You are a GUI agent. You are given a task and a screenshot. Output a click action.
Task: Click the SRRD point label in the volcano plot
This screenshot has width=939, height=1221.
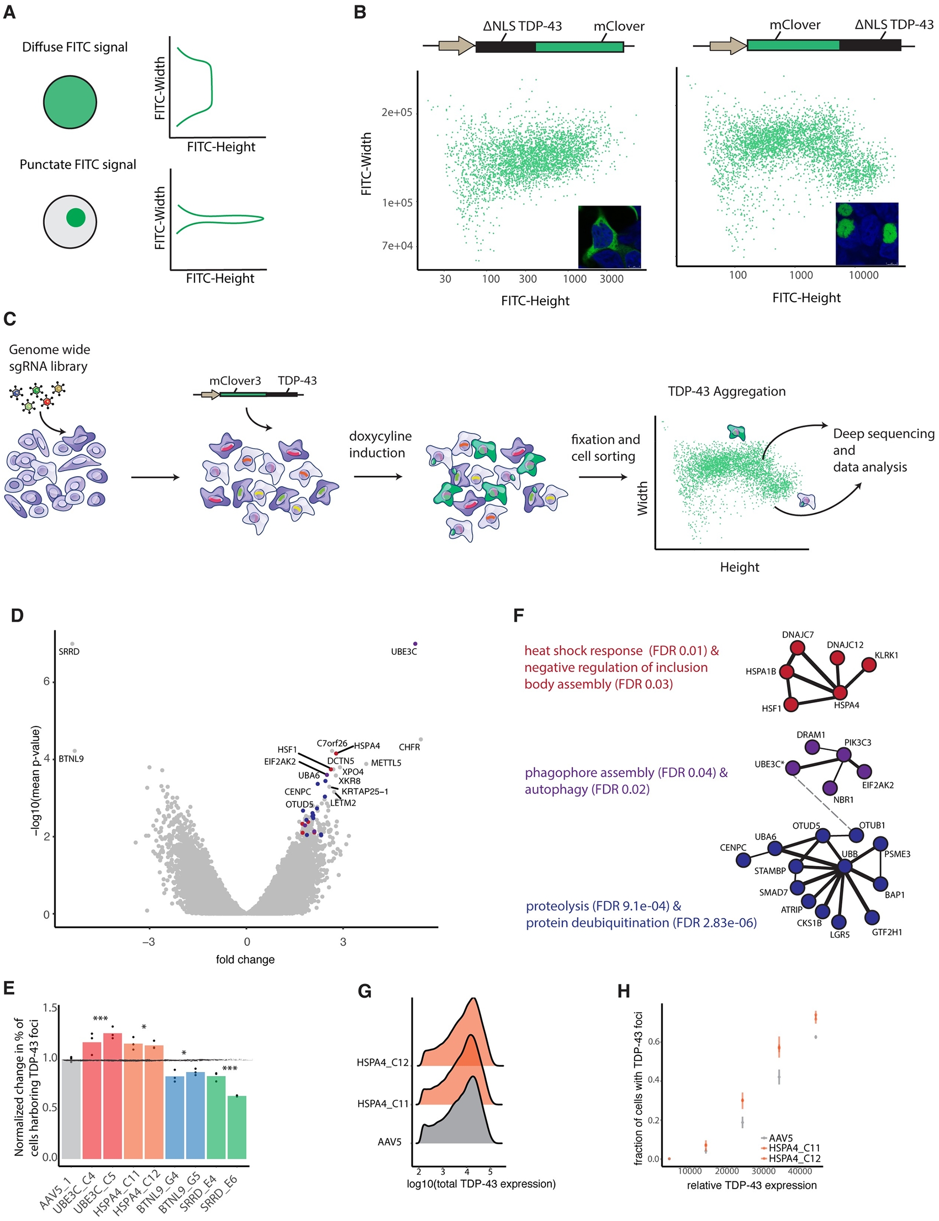tap(69, 651)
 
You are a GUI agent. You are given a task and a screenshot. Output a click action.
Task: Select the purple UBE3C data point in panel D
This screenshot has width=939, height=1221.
tap(415, 644)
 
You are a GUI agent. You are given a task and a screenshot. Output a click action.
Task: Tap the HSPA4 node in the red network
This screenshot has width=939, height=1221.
tap(840, 692)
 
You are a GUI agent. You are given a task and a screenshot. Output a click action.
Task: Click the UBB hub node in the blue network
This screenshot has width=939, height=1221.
tap(844, 866)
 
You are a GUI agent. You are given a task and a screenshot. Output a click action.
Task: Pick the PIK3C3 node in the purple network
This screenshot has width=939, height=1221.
tap(843, 754)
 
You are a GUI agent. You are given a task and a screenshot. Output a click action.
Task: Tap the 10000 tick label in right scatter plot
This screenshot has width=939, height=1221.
tap(863, 275)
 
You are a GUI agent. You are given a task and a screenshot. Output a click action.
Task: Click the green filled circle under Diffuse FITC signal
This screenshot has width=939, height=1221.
tap(70, 102)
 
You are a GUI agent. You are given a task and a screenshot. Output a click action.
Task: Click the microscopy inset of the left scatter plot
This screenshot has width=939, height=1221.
tap(609, 237)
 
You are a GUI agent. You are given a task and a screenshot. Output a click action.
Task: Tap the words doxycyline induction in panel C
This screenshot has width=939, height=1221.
tap(380, 445)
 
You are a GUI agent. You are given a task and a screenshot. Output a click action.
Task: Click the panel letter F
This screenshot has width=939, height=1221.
tap(518, 616)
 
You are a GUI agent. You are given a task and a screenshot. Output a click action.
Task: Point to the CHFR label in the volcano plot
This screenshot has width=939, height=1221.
tap(409, 747)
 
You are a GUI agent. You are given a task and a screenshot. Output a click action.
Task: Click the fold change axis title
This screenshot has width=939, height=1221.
tap(245, 960)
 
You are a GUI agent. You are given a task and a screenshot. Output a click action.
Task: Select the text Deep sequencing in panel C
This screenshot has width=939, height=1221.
tap(883, 433)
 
